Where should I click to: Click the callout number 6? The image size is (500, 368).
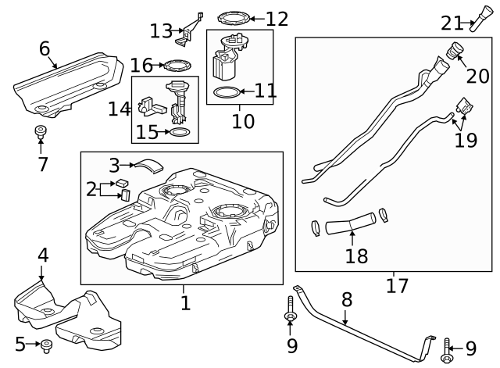(x=45, y=49)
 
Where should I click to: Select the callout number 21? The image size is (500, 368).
(x=452, y=23)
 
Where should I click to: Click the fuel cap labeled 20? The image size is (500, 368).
(x=455, y=57)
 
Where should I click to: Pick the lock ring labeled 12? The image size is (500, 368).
(x=232, y=17)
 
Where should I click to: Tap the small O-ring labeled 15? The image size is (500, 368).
(x=178, y=133)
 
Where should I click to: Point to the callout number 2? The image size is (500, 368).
(x=91, y=188)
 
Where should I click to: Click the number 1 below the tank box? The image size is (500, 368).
(x=185, y=302)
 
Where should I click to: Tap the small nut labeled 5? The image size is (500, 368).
(x=46, y=343)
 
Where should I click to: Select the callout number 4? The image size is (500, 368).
(x=43, y=254)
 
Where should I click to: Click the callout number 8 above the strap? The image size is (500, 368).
(x=347, y=298)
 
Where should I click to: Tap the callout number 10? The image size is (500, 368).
(x=243, y=121)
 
